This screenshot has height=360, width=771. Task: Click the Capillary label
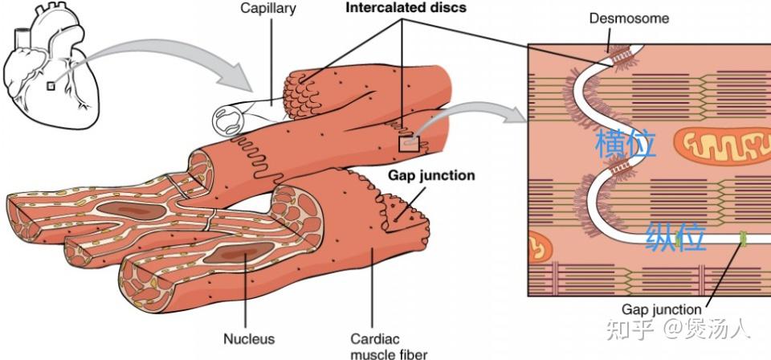(x=268, y=9)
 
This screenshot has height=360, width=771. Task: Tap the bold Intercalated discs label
(x=406, y=8)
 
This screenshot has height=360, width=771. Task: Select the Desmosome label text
(x=630, y=18)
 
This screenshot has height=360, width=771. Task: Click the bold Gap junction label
(x=431, y=175)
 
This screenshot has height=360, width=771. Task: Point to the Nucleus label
(x=249, y=338)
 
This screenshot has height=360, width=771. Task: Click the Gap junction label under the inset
(x=661, y=309)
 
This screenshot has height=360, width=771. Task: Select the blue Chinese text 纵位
(x=675, y=237)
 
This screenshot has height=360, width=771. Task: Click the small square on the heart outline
(x=51, y=86)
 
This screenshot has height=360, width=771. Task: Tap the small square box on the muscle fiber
(x=409, y=144)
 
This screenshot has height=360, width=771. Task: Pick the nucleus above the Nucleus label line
(x=233, y=254)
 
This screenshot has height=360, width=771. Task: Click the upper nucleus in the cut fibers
(x=131, y=211)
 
